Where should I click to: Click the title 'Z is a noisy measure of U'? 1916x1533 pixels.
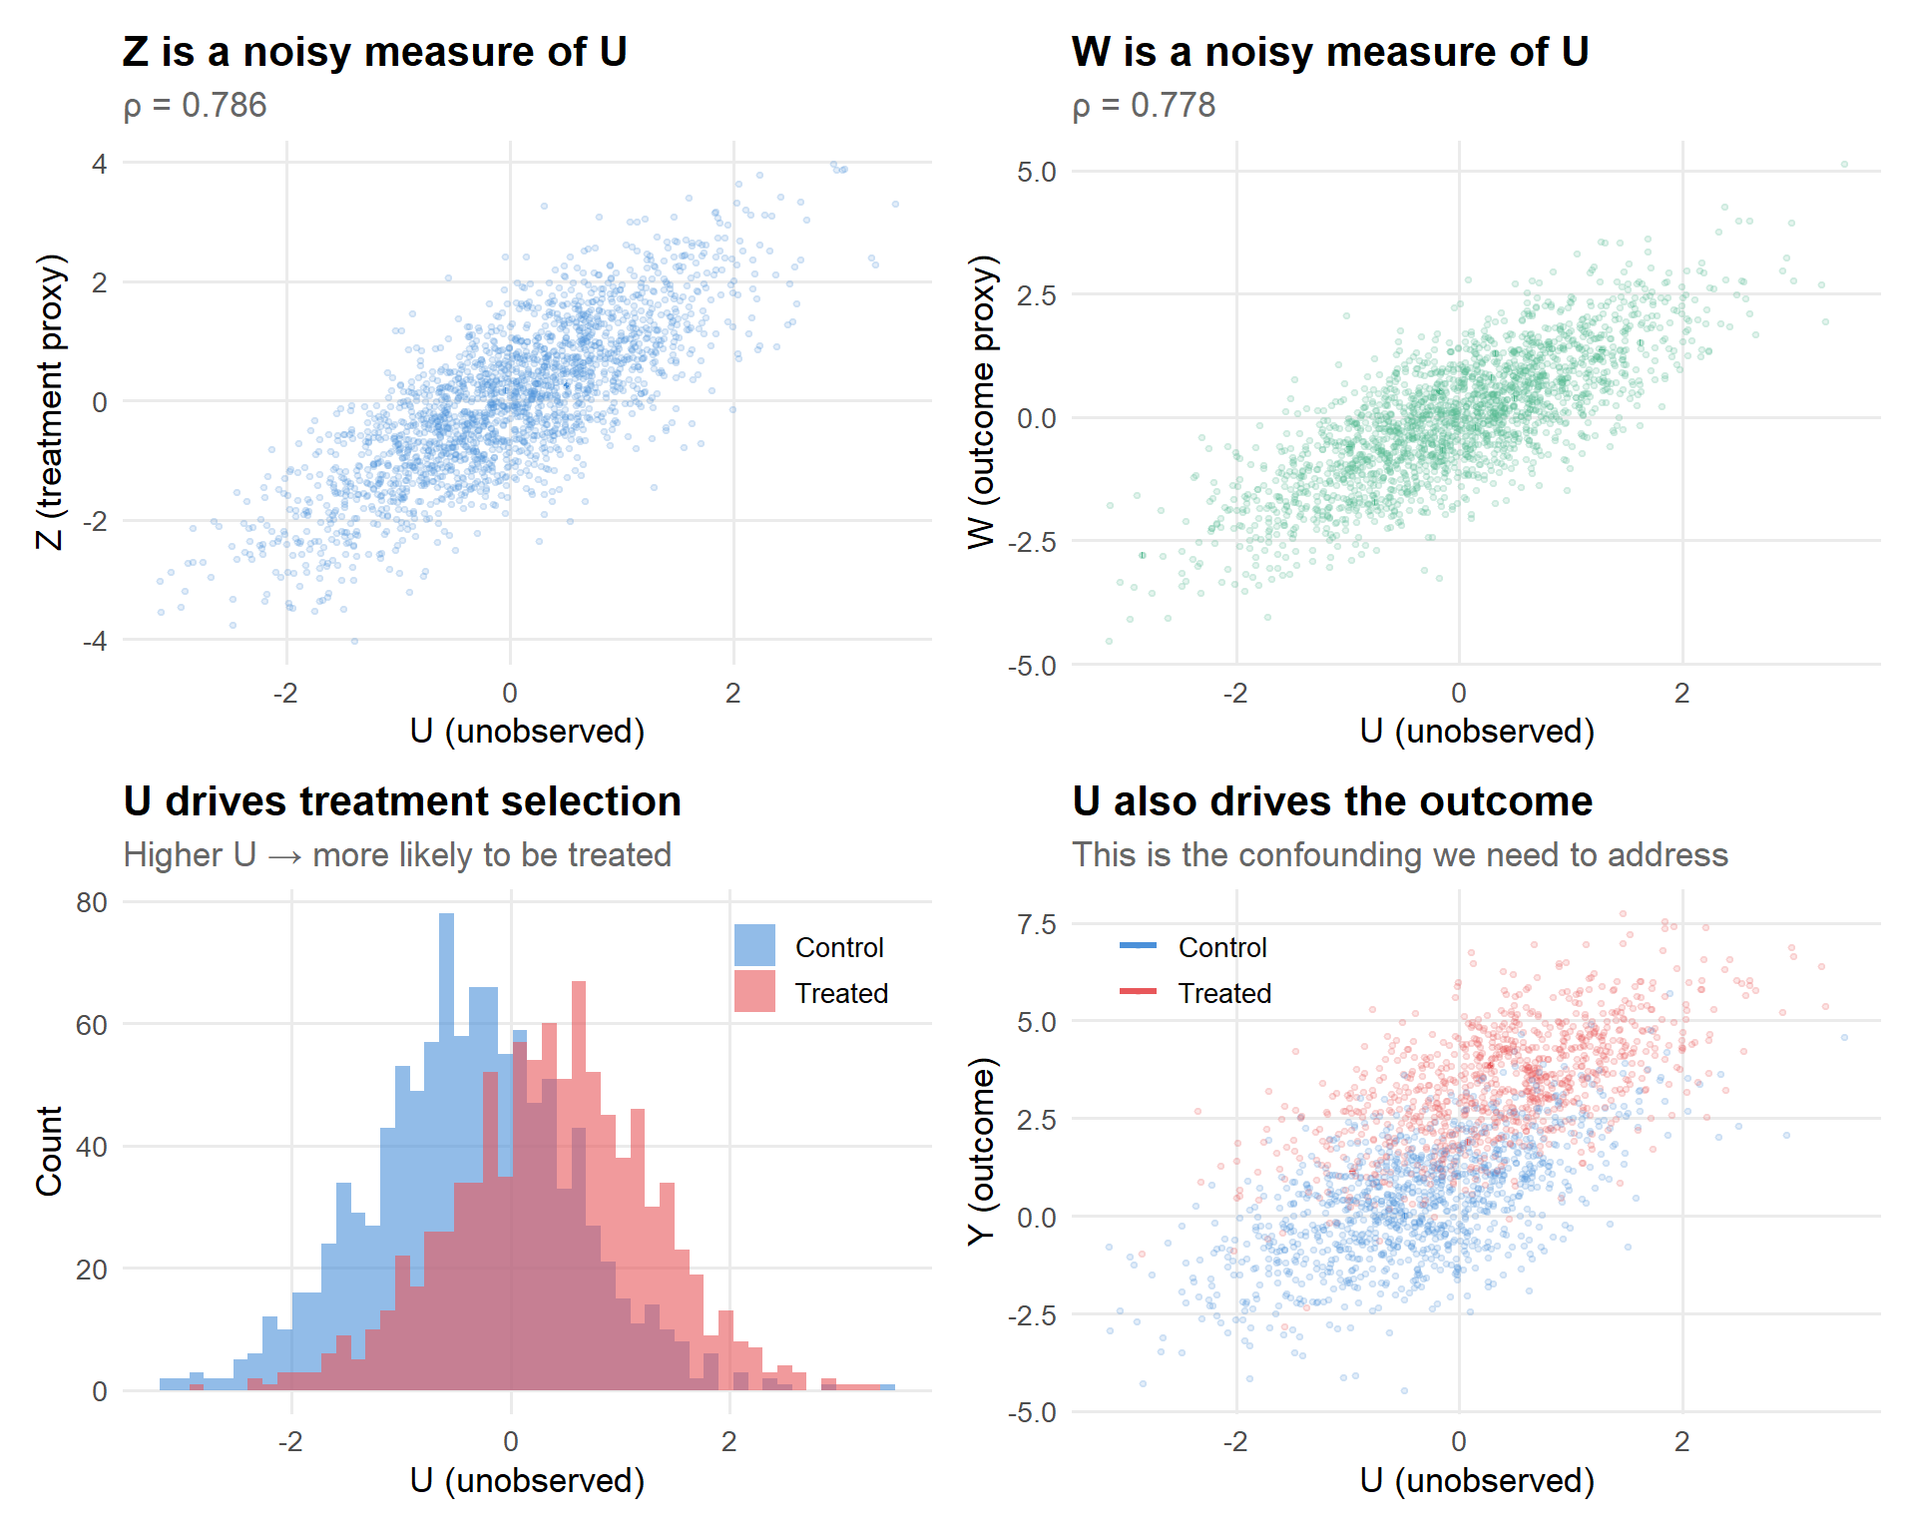(x=374, y=52)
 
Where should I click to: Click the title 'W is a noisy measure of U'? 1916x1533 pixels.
(x=1329, y=52)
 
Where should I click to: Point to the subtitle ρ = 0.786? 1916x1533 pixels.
(x=196, y=106)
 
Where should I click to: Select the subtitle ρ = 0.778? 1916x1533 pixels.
(x=1144, y=106)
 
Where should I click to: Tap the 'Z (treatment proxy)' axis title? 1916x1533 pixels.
(x=50, y=401)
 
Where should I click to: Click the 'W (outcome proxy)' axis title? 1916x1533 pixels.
(x=982, y=401)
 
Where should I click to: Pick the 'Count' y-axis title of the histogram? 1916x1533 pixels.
(x=50, y=1150)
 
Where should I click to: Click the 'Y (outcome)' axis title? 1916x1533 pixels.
(x=982, y=1150)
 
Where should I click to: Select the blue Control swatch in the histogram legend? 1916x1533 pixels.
(x=754, y=946)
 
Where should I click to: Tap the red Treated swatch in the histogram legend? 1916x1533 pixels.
(x=754, y=992)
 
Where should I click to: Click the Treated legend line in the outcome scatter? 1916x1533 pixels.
(x=1138, y=992)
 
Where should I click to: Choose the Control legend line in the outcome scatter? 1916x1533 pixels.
(x=1138, y=946)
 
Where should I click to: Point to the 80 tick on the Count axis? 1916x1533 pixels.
(x=92, y=902)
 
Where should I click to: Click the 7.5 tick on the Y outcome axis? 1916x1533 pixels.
(x=1037, y=924)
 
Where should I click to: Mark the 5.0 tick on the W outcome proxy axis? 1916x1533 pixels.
(x=1037, y=172)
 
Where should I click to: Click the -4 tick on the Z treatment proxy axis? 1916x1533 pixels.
(x=95, y=641)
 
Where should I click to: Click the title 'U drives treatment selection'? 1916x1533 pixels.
(x=402, y=801)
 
